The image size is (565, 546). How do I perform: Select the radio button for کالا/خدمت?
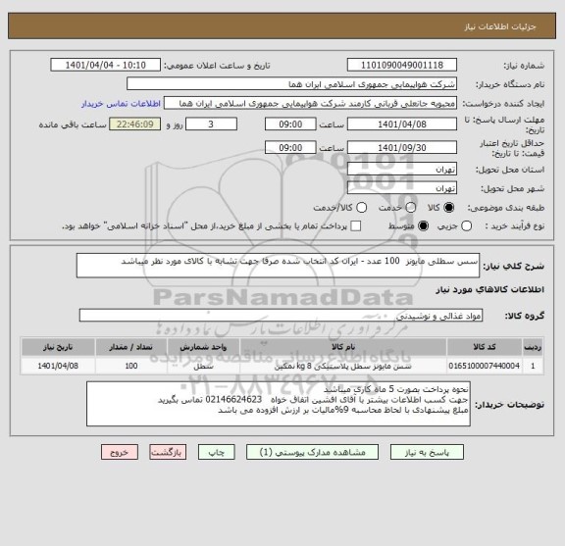tap(362, 208)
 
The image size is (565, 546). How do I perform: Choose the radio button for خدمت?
tap(406, 208)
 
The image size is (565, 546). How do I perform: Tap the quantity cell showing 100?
tap(131, 366)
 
